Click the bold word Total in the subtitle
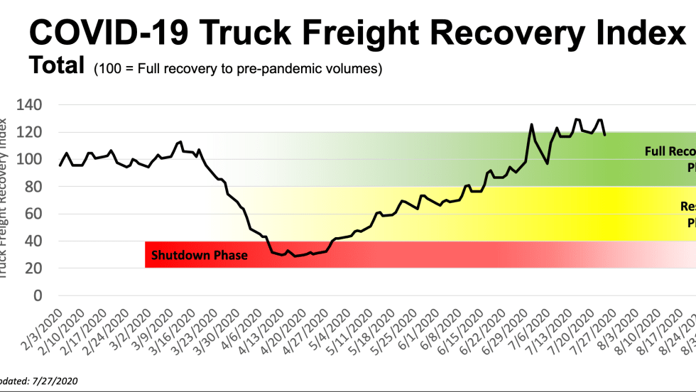57,66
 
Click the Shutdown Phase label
200,255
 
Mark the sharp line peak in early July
531,124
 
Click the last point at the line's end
604,134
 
